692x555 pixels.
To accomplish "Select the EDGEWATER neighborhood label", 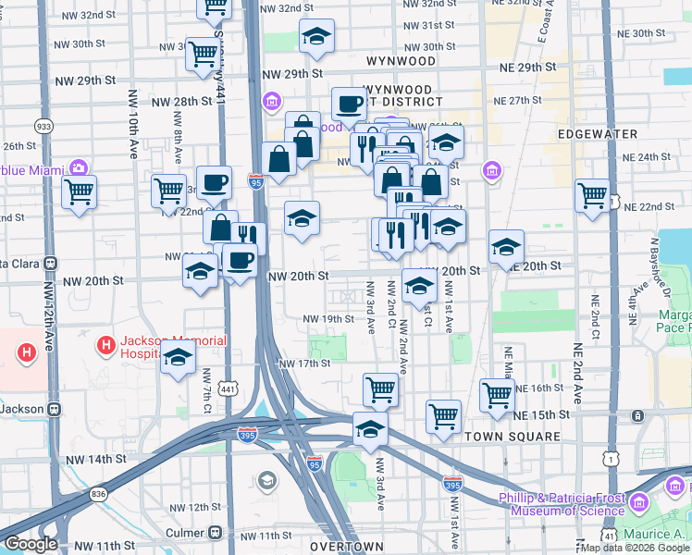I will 598,134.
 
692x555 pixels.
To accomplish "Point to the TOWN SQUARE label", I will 513,437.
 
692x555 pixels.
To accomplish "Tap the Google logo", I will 31,544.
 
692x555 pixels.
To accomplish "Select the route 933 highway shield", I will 43,126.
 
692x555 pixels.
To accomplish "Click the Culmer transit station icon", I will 215,534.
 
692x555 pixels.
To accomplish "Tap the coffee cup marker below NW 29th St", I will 349,104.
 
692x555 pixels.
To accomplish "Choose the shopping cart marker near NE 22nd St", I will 592,196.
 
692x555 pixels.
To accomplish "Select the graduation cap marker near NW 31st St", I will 316,37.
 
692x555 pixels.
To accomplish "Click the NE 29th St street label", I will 527,68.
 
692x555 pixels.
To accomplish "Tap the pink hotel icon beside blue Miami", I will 80,168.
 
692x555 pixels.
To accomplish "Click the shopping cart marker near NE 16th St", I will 497,395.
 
